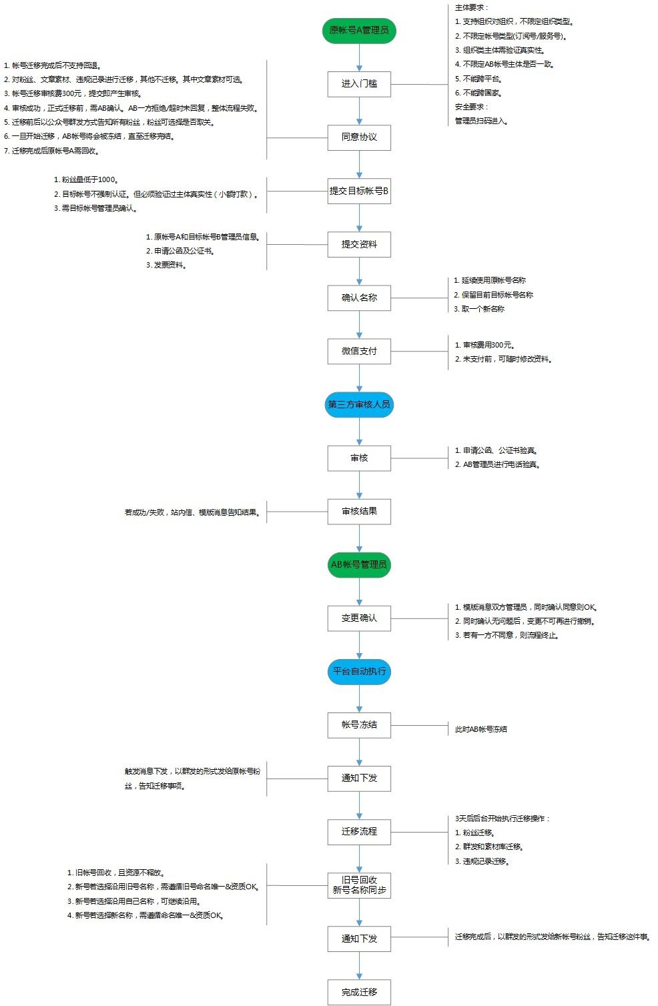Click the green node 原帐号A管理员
[359, 31]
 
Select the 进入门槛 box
[359, 84]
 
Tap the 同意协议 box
[359, 137]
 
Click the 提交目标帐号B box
[359, 191]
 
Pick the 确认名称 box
[359, 298]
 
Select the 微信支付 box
[359, 351]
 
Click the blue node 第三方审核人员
[359, 404]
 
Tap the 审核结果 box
[359, 512]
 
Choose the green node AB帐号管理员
[359, 564]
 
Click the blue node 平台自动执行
[359, 671]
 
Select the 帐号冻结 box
[359, 724]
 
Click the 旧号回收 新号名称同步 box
[359, 885]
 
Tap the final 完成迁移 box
[359, 992]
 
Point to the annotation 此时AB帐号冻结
[480, 729]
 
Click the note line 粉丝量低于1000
[86, 179]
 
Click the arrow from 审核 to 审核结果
[359, 485]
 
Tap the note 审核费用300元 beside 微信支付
[488, 345]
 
